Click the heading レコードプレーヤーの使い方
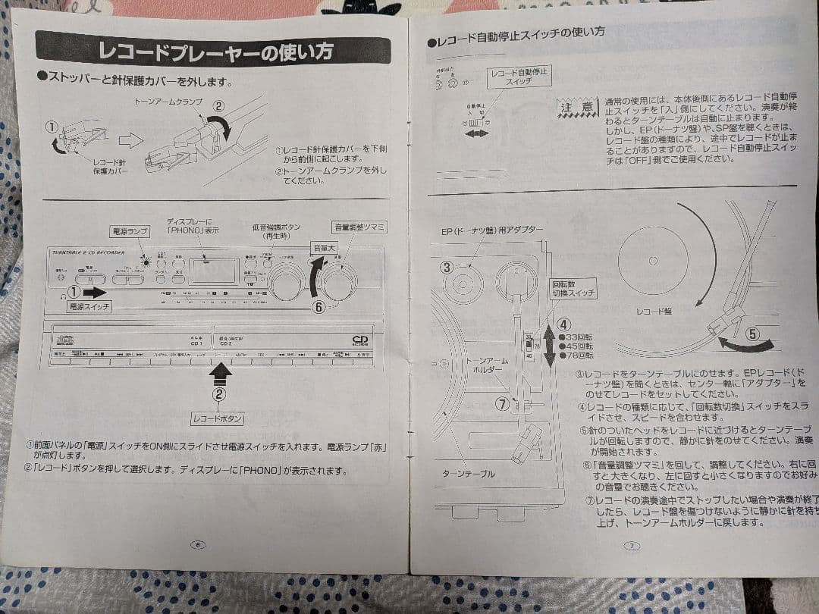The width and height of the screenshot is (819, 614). [216, 52]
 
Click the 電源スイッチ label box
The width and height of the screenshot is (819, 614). [89, 307]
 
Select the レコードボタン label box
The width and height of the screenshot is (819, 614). [218, 418]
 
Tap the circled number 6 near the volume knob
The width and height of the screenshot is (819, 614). [319, 306]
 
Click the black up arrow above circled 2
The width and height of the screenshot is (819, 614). [219, 371]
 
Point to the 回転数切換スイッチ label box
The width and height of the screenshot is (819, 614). [574, 289]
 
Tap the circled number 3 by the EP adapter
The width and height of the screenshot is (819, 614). [447, 267]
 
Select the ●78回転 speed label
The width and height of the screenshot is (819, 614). [576, 355]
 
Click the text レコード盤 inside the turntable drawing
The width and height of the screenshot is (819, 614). [654, 310]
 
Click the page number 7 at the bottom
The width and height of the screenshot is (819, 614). [632, 545]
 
